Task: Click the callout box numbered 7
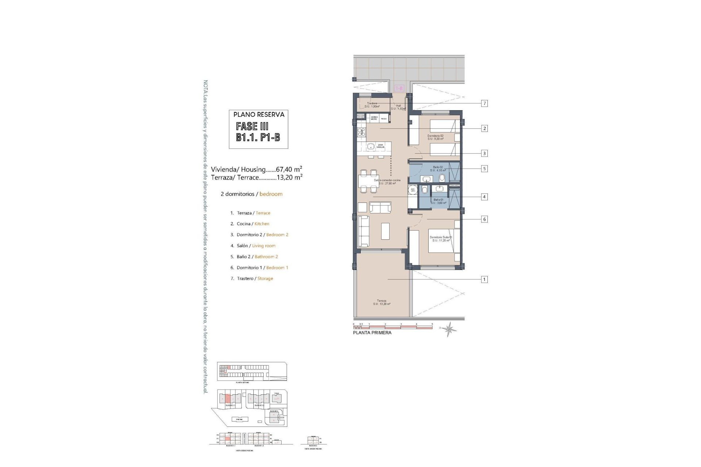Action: [484, 104]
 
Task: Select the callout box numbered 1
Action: [484, 279]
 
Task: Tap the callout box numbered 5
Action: [484, 169]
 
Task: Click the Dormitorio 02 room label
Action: [435, 137]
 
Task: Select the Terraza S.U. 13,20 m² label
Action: [382, 302]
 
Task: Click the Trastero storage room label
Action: [372, 105]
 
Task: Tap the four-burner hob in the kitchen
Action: [106, 132]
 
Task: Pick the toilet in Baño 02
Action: [442, 178]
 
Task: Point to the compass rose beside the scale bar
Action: [449, 329]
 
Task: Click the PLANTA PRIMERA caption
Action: [372, 333]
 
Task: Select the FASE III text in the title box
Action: [252, 126]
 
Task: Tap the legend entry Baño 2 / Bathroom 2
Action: [257, 257]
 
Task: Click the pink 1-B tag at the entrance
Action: [399, 88]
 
